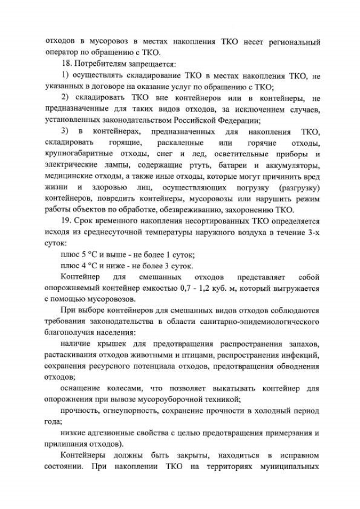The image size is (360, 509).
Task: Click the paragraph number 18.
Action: pyautogui.click(x=64, y=64)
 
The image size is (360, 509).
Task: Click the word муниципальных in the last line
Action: pyautogui.click(x=291, y=466)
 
